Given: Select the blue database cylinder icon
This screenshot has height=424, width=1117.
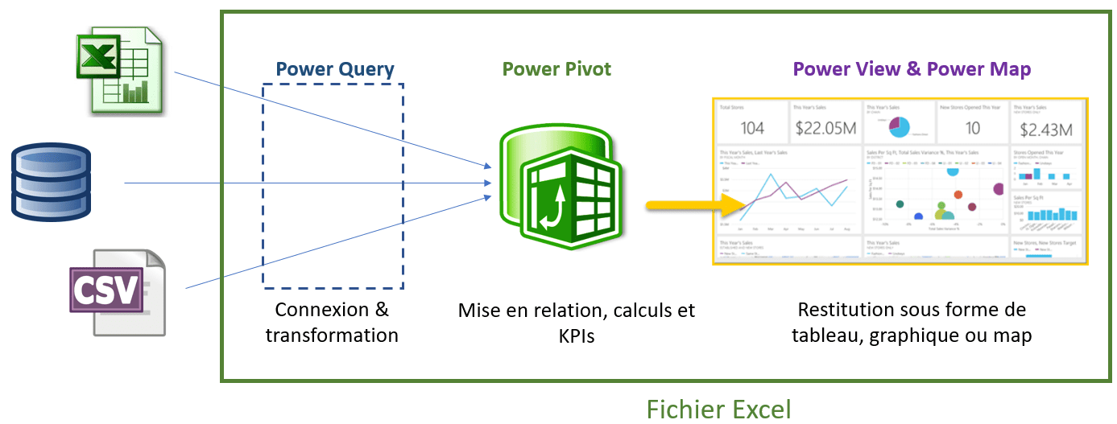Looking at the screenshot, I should (x=51, y=182).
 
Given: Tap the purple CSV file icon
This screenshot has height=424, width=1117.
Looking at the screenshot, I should (x=117, y=291).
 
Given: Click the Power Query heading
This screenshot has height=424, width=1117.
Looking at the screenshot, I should (x=335, y=69).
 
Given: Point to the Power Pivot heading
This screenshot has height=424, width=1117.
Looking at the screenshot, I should (x=556, y=69).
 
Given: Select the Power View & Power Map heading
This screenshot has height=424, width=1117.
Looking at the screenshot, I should (x=912, y=69).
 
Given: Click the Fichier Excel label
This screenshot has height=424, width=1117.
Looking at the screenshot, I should (x=719, y=409).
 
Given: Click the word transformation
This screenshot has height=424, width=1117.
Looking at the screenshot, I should (x=332, y=335).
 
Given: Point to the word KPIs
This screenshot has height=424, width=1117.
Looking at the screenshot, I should (x=576, y=336).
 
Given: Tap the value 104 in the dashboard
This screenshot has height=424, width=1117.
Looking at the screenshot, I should (x=752, y=128).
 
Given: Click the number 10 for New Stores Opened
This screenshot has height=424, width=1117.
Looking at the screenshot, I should (x=972, y=128).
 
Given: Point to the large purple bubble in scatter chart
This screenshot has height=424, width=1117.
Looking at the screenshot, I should (x=999, y=189).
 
